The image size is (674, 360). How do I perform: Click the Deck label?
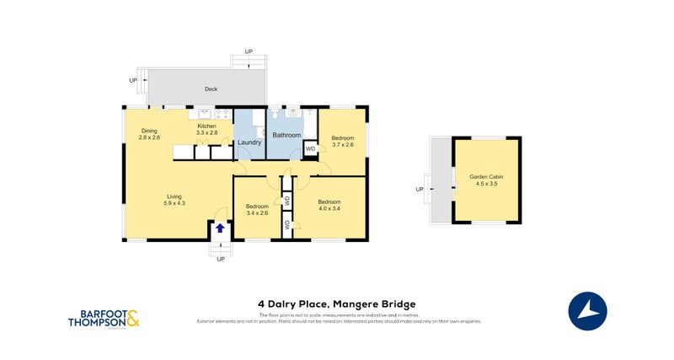211,89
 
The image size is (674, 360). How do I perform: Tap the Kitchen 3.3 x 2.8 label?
207,129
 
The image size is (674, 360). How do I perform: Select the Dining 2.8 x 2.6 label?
149,134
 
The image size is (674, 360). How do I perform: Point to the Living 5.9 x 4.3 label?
174,200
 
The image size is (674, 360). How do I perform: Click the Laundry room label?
249,142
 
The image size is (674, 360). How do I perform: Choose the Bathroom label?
286,135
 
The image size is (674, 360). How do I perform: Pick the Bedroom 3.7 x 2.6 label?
342,141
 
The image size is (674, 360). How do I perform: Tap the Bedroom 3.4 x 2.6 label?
257,210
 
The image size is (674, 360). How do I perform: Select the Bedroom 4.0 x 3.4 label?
329,205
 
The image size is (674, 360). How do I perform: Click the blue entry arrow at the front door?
220,228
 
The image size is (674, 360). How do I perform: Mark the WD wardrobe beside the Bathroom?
310,149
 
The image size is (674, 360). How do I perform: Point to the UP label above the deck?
249,52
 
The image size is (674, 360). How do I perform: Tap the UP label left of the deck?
133,80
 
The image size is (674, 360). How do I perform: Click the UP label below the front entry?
221,259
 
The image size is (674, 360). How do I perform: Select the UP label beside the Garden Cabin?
420,190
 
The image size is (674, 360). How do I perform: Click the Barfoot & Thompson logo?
104,318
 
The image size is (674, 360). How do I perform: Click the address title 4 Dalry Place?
336,304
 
